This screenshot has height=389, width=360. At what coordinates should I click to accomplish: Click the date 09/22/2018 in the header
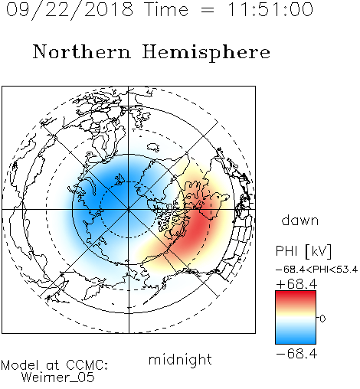pos(70,10)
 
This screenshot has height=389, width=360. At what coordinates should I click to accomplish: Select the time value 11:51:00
pos(270,10)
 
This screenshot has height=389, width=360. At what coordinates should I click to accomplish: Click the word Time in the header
pos(166,10)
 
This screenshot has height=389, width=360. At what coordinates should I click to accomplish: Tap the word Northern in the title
pos(82,51)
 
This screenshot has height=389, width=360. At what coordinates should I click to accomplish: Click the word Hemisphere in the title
pos(206,53)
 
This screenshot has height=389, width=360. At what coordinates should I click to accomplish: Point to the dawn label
pos(300,220)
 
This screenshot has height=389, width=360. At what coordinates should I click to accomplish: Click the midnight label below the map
pos(180,359)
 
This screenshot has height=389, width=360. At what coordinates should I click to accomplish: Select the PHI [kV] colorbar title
pos(303,251)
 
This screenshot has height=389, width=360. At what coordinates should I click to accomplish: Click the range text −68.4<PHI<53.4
pos(316,270)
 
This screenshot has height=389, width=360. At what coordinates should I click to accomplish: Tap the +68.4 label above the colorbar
pos(296,284)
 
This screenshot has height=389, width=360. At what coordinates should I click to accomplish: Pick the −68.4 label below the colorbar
pos(296,354)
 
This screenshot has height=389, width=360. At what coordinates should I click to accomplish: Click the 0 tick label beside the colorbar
pos(322,319)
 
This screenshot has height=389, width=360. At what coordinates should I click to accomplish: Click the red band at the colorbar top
pos(296,296)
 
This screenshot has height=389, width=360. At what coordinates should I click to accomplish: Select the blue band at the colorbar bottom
pos(296,338)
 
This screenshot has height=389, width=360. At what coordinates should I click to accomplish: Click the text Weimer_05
pos(58,377)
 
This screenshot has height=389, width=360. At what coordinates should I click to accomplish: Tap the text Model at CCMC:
pos(54,365)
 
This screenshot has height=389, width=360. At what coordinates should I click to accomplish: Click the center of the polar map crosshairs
pos(129,209)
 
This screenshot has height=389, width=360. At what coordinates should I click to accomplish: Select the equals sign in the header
pos(208,10)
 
